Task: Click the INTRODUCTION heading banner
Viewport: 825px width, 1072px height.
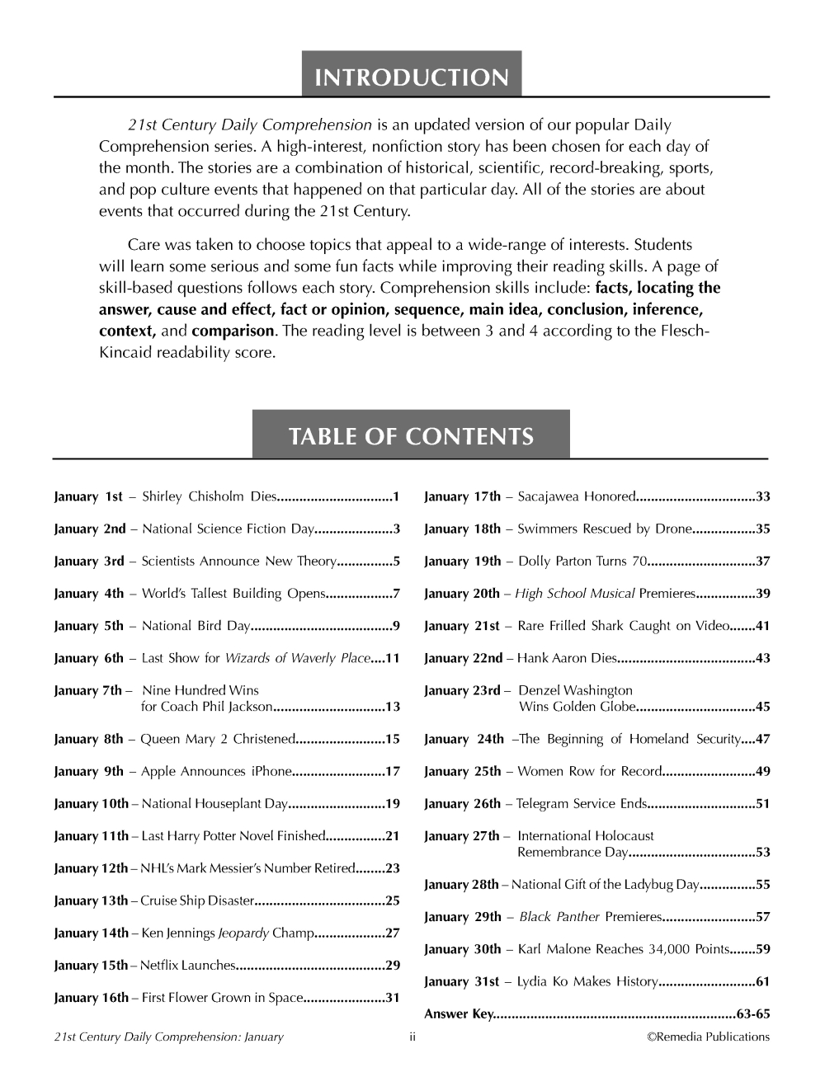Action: pyautogui.click(x=411, y=78)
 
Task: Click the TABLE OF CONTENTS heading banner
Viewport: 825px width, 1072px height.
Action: pyautogui.click(x=411, y=436)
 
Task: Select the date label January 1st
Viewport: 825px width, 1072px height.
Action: pyautogui.click(x=87, y=496)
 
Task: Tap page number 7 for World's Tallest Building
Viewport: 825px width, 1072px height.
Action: pyautogui.click(x=397, y=594)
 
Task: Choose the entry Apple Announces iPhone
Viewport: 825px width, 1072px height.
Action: pyautogui.click(x=216, y=772)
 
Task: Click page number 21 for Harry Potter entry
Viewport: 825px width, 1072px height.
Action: pyautogui.click(x=393, y=836)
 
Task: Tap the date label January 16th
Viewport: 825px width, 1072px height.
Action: pyautogui.click(x=91, y=998)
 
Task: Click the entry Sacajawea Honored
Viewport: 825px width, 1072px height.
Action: pyautogui.click(x=576, y=496)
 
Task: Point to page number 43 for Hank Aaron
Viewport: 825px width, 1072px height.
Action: pyautogui.click(x=762, y=658)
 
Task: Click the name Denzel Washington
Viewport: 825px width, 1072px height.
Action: pyautogui.click(x=575, y=690)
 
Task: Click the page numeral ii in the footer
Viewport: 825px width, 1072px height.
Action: pyautogui.click(x=412, y=1037)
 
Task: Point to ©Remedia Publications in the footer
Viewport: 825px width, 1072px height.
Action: pyautogui.click(x=708, y=1037)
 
